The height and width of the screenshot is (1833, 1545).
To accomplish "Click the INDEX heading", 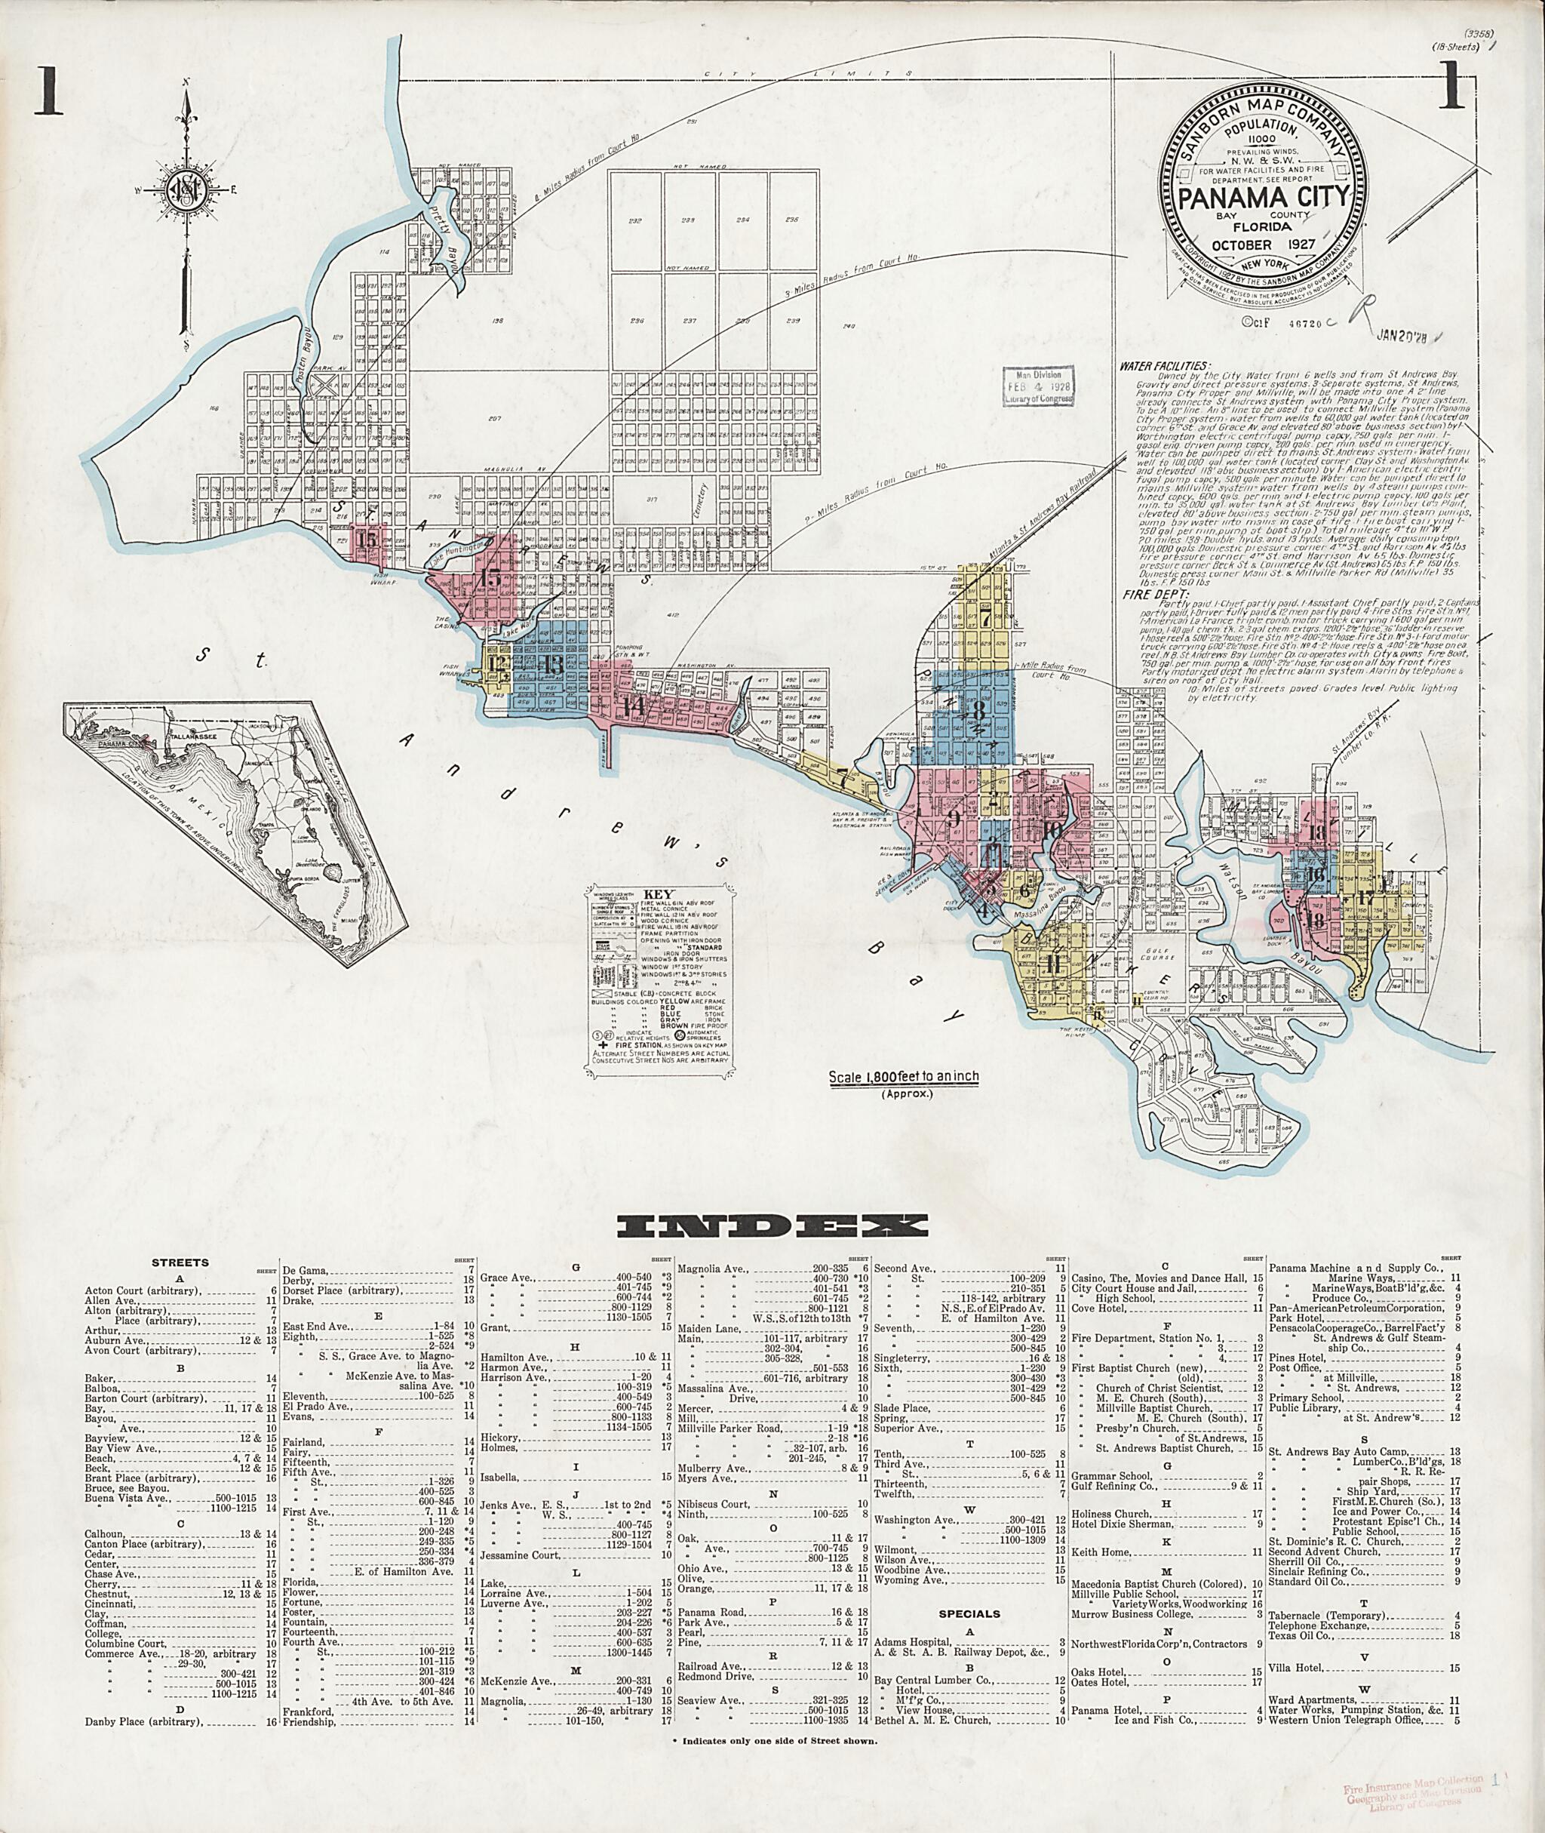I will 772,1225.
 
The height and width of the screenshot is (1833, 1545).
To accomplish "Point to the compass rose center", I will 186,189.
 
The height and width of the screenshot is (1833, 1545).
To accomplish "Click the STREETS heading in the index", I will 180,1262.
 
